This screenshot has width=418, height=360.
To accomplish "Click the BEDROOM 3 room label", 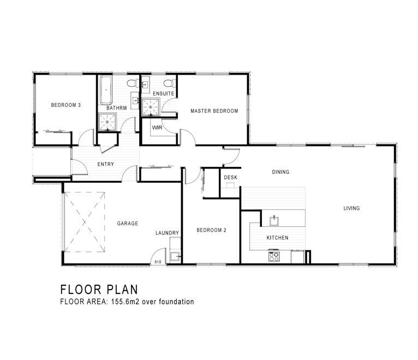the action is [x=66, y=105].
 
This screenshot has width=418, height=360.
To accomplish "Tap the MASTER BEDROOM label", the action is [x=214, y=111].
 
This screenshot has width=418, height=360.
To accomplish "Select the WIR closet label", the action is [x=157, y=128].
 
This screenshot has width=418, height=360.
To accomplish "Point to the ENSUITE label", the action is [x=163, y=93].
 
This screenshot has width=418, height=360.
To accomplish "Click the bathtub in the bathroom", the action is [x=106, y=91].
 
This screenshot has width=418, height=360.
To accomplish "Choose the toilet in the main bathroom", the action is [x=133, y=83].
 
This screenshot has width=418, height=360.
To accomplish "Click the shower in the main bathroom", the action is [x=107, y=122].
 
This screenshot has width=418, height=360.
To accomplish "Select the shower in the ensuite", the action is [x=151, y=107].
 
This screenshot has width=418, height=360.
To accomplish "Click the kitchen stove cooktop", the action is [x=274, y=256].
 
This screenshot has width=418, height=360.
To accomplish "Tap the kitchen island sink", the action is [x=274, y=221].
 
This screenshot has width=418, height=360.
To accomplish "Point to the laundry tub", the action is [x=175, y=256].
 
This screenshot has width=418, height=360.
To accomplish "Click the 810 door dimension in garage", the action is [x=158, y=262].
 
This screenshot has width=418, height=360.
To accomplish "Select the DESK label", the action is [x=231, y=177].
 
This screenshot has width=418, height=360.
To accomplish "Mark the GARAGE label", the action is [x=128, y=223].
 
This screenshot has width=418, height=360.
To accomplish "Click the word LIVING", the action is [x=351, y=208].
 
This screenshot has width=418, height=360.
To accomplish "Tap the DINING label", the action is [x=280, y=172].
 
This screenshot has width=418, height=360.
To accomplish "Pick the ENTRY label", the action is [x=105, y=164].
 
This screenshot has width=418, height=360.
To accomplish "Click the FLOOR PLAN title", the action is [x=99, y=290].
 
